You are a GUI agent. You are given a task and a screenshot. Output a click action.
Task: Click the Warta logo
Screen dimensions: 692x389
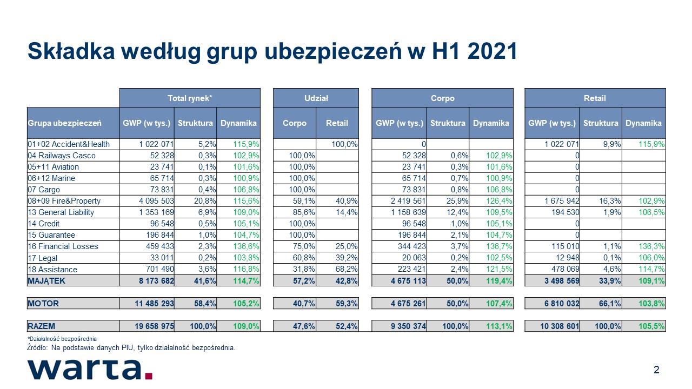(x=90, y=369)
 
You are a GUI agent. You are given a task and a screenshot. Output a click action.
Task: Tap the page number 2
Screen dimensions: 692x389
(x=656, y=370)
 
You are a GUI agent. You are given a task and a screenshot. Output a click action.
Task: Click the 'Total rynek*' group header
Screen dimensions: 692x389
(x=190, y=98)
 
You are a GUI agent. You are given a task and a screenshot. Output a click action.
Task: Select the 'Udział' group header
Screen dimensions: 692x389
(x=316, y=98)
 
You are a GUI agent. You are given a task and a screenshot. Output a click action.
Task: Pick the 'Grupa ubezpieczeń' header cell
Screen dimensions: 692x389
(x=64, y=123)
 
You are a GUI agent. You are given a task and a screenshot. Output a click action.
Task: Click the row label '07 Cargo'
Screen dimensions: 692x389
(x=44, y=190)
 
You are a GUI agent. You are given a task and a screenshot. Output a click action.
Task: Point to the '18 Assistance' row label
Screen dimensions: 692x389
(x=52, y=269)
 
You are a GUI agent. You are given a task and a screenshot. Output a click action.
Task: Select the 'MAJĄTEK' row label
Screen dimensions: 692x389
(x=46, y=281)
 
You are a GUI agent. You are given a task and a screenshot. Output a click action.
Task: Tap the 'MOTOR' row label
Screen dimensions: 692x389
(x=43, y=304)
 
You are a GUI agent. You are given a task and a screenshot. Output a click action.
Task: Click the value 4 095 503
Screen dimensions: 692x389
(x=156, y=201)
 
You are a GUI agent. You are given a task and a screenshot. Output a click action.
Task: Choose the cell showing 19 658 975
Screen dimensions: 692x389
(x=154, y=326)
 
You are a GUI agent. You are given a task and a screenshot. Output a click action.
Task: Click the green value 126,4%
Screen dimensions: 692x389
(x=499, y=201)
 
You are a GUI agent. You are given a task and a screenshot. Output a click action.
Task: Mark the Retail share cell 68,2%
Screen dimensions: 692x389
(x=347, y=269)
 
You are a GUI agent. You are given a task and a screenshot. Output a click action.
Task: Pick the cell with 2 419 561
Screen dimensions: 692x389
(x=408, y=201)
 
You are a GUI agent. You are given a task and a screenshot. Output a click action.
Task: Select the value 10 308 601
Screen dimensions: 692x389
(x=560, y=326)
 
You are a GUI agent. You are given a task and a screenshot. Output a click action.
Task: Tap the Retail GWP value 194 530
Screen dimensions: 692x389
(x=565, y=212)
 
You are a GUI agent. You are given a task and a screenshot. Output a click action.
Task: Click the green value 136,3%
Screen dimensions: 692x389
(x=651, y=246)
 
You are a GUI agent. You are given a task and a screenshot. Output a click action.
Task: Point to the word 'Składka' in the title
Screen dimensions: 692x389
(x=71, y=51)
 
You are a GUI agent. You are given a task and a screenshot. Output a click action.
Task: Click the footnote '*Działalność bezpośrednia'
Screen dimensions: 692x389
(x=62, y=339)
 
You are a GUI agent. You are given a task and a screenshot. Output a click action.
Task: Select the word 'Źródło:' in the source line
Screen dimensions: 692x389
(x=37, y=347)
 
